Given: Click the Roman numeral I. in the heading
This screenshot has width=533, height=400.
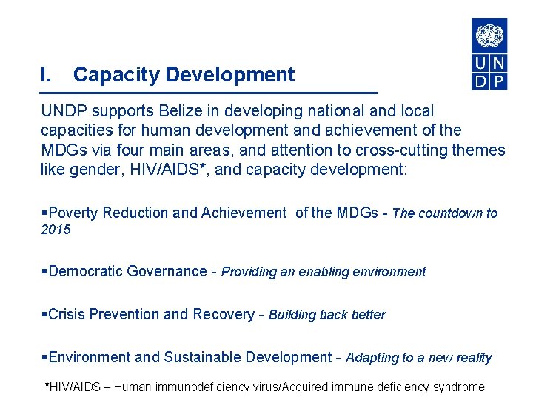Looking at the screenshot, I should click(46, 75).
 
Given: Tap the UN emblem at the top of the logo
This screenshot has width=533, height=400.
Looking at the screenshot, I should click(489, 35).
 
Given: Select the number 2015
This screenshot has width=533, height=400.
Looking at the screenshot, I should click(56, 230).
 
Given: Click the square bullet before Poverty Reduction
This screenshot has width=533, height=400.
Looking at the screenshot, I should click(44, 213).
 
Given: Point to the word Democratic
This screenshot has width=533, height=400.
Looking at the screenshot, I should click(86, 271).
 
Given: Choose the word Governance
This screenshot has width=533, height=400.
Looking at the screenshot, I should click(167, 271).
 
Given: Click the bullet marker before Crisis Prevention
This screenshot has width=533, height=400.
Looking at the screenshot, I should click(44, 314).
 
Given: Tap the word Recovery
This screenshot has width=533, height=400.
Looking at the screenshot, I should click(223, 314).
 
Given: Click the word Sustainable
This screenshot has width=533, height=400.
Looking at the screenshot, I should click(203, 357).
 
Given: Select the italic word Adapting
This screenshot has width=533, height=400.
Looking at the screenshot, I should click(372, 358).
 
